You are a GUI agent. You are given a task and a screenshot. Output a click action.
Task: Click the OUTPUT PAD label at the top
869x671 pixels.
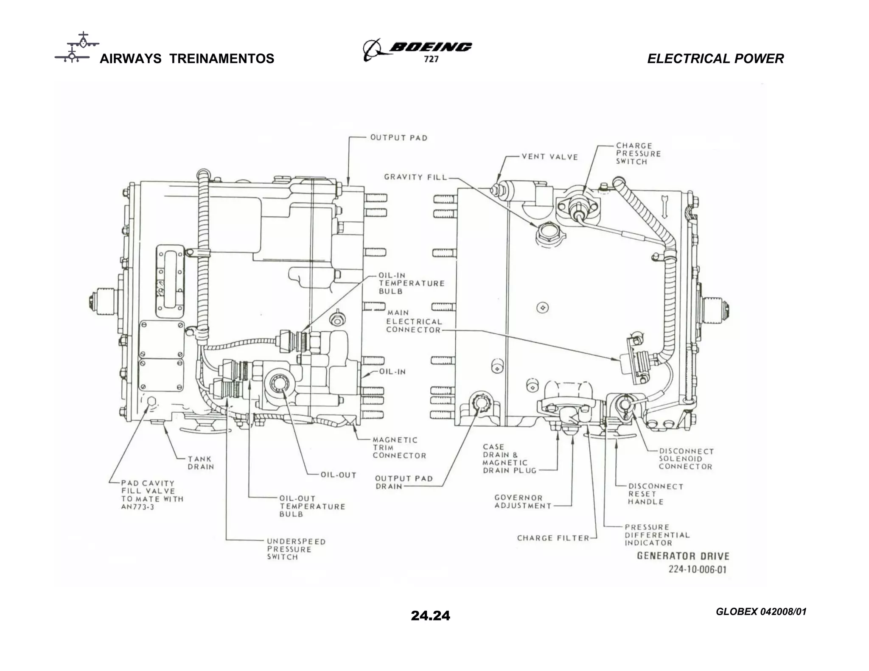click(x=398, y=138)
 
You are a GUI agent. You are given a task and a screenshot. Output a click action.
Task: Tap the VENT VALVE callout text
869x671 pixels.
click(x=549, y=157)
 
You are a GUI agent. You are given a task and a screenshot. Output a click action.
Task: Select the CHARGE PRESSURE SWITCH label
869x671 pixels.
click(x=638, y=154)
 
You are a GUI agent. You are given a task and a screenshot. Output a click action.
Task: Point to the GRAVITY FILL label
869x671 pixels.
click(x=415, y=177)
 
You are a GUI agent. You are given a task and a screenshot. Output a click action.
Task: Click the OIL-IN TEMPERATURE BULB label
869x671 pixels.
click(x=411, y=283)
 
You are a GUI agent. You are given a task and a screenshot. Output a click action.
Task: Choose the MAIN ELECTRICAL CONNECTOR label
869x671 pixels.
click(x=414, y=322)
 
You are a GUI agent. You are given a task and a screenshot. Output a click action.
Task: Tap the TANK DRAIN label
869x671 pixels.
click(x=201, y=463)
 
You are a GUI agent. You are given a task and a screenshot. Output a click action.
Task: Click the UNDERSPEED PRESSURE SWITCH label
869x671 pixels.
click(x=296, y=549)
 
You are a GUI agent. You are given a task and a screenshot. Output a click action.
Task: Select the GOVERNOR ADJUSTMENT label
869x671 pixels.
click(x=522, y=502)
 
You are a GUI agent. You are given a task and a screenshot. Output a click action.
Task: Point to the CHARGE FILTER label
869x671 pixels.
click(x=553, y=538)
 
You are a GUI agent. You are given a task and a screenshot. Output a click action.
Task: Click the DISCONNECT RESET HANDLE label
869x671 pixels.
click(x=655, y=494)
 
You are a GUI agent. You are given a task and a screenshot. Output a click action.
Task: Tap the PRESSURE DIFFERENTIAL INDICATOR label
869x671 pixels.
click(x=657, y=535)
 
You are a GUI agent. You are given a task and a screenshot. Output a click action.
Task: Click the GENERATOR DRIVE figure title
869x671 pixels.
click(x=683, y=556)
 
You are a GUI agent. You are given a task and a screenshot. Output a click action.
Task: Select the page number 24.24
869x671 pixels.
click(x=430, y=615)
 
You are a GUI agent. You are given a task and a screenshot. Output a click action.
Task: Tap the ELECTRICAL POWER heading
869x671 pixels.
click(x=715, y=59)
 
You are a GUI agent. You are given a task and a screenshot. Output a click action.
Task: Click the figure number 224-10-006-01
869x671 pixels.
click(x=697, y=569)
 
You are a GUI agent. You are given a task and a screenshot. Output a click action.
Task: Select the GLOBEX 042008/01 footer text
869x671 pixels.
click(x=761, y=612)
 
